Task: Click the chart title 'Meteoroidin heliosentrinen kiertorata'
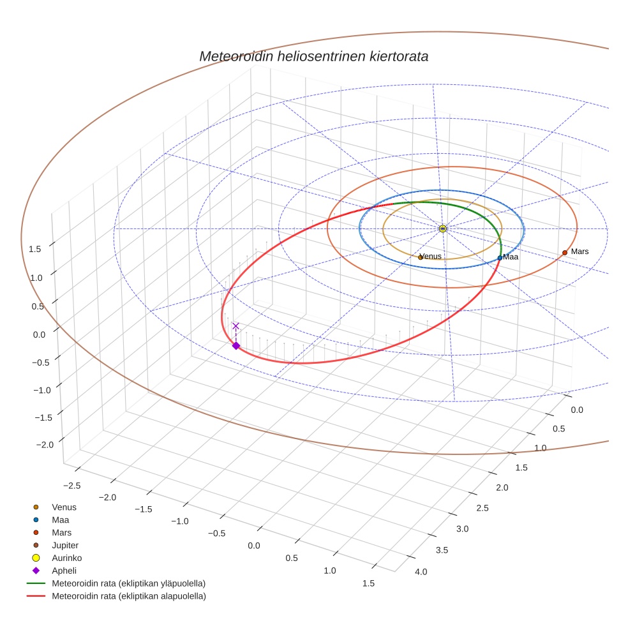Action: (313, 56)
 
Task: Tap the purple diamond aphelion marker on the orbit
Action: (235, 345)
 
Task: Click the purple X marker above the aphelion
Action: (235, 326)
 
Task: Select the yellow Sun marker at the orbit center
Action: (442, 228)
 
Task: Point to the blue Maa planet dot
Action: (500, 258)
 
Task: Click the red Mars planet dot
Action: (565, 253)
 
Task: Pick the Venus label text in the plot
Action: (431, 257)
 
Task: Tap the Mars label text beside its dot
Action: (579, 251)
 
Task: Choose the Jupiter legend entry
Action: (65, 545)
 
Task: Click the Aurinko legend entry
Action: (66, 558)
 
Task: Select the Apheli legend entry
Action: (64, 571)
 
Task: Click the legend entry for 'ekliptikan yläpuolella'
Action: (128, 583)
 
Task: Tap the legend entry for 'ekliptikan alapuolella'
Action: (128, 596)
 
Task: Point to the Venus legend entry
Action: (64, 507)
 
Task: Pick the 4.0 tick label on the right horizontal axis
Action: (421, 571)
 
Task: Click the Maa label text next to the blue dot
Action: (511, 257)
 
